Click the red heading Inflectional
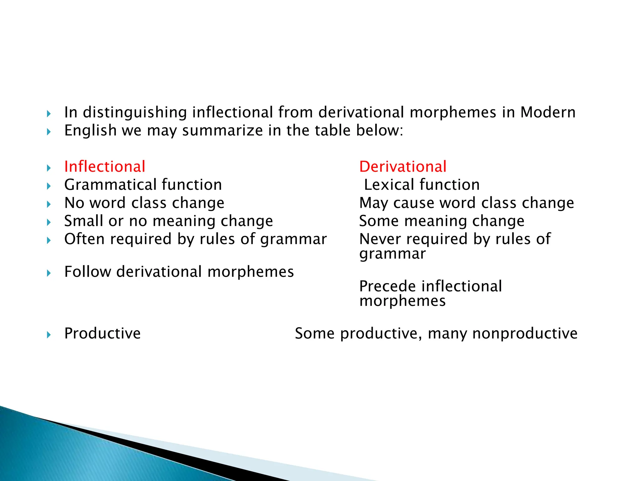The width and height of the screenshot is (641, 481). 105,167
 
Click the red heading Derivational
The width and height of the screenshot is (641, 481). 403,167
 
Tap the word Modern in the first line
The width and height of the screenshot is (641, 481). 548,112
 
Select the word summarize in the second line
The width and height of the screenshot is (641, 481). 223,131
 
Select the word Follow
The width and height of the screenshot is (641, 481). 87,272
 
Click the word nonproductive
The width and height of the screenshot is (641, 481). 525,334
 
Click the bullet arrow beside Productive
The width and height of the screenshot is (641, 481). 49,335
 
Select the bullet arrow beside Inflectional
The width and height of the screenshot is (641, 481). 49,168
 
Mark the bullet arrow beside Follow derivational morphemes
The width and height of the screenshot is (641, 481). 49,273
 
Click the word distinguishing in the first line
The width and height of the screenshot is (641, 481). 135,113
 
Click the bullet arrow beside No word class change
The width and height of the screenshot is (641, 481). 49,204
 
